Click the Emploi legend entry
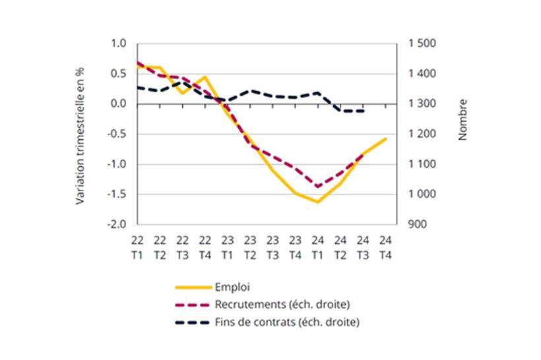pos(232,287)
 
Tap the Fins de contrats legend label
pos(287,322)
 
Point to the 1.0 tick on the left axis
pos(118,44)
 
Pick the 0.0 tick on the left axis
pos(118,104)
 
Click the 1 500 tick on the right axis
pos(422,44)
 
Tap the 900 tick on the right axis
pos(417,224)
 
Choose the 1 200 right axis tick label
pos(422,134)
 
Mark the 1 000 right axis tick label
pos(422,194)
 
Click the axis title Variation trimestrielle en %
pos(80,134)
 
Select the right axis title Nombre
pos(462,119)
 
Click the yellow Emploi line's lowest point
pos(317,202)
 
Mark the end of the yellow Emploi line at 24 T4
pos(385,139)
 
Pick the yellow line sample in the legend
pos(192,287)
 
